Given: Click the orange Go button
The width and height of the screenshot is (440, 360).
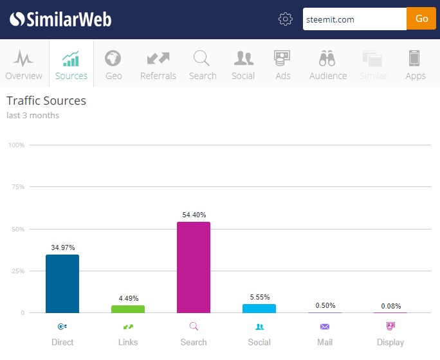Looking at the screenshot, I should coord(421,19).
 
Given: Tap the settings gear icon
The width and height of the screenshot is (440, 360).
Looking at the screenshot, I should coord(285,19).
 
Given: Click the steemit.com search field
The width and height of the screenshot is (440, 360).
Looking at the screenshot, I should coord(354,19).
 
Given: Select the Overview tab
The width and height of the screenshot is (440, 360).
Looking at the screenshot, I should coord(24,64).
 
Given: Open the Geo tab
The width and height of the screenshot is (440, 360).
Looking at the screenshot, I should coord(113,64).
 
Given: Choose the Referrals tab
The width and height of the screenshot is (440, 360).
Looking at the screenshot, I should coord(158,64).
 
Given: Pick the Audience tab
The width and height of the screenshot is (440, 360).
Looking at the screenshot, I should coord(327,64).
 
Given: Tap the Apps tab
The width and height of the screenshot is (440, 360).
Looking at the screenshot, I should coord(415,64).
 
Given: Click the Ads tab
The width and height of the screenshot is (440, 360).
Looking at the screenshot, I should coord(282,64).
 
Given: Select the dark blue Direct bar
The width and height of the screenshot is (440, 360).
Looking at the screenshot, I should coord(62,283).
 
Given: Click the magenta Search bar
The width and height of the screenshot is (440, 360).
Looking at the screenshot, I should coord(194,267).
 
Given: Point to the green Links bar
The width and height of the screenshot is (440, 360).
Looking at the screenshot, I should coord(128,309).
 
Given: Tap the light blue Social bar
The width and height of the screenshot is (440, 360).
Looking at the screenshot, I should coord(259,309).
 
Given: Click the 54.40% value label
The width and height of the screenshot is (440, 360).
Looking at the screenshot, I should coord(194,215).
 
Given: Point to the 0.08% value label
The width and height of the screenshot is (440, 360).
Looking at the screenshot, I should coord(390,305).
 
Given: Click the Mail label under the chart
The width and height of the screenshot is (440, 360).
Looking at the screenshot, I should coord(325,342).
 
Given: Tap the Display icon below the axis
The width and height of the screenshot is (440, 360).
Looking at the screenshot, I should coord(390,326).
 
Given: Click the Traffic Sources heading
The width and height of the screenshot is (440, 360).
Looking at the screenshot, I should coord(46,101).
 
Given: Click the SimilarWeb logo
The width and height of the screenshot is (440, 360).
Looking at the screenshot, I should coord(60,19).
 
